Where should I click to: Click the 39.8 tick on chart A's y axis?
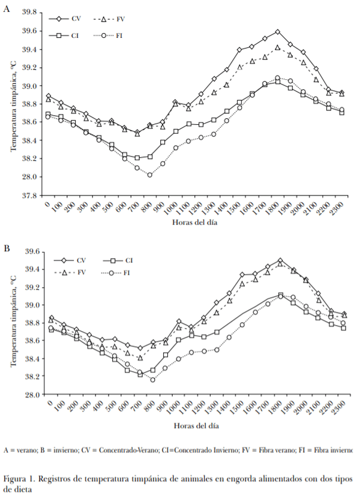31,13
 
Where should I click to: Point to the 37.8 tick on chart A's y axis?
31,196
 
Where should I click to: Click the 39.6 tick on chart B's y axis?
31,251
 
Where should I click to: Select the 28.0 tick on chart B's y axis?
31,395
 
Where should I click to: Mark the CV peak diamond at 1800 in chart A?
278,32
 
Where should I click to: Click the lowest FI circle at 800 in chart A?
149,175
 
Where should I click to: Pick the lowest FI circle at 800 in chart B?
152,380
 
